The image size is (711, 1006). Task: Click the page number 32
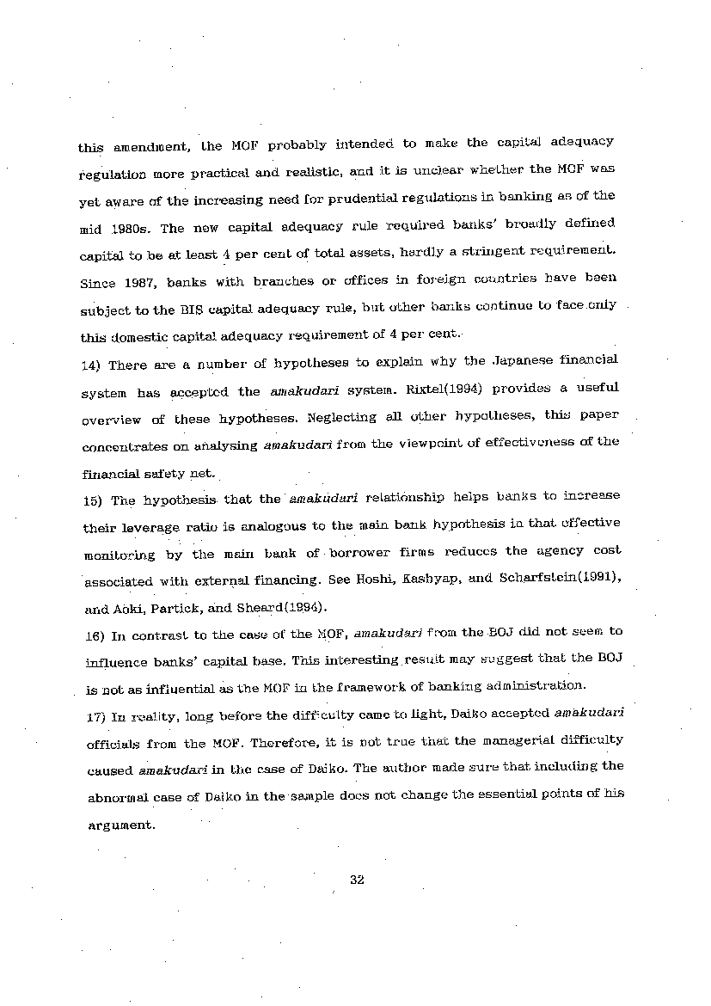tap(359, 880)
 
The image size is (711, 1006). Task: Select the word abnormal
tap(117, 797)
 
